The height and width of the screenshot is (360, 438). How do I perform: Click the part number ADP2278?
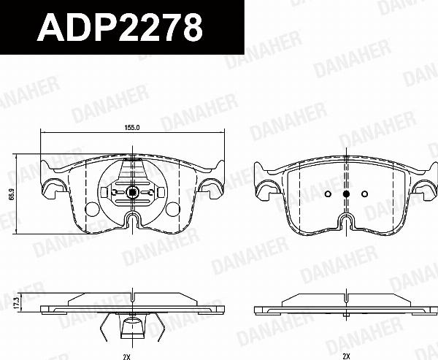[120, 28]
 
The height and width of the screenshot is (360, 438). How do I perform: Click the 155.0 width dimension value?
[131, 127]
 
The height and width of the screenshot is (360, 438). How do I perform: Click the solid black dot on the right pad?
[346, 194]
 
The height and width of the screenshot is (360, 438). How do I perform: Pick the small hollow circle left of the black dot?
[328, 194]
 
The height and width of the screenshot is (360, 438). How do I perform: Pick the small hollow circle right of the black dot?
[364, 194]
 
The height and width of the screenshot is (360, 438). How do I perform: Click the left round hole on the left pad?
[91, 210]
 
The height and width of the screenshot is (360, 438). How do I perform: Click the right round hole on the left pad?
[172, 210]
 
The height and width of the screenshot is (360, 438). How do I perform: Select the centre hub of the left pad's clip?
[132, 194]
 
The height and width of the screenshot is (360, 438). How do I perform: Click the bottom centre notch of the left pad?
[132, 221]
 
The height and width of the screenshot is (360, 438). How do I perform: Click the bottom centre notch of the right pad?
[346, 221]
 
